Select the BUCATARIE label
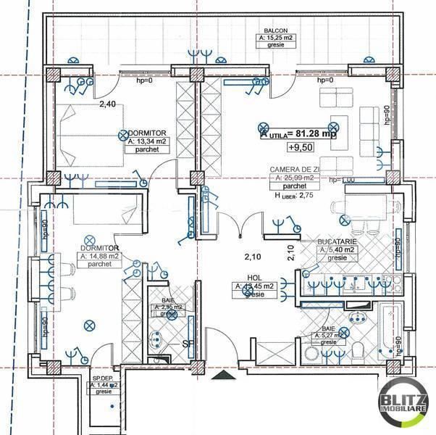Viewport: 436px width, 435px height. click(337, 241)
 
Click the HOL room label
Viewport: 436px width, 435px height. click(253, 277)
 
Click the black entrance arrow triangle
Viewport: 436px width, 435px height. click(221, 376)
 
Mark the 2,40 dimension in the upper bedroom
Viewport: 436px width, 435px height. click(107, 104)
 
